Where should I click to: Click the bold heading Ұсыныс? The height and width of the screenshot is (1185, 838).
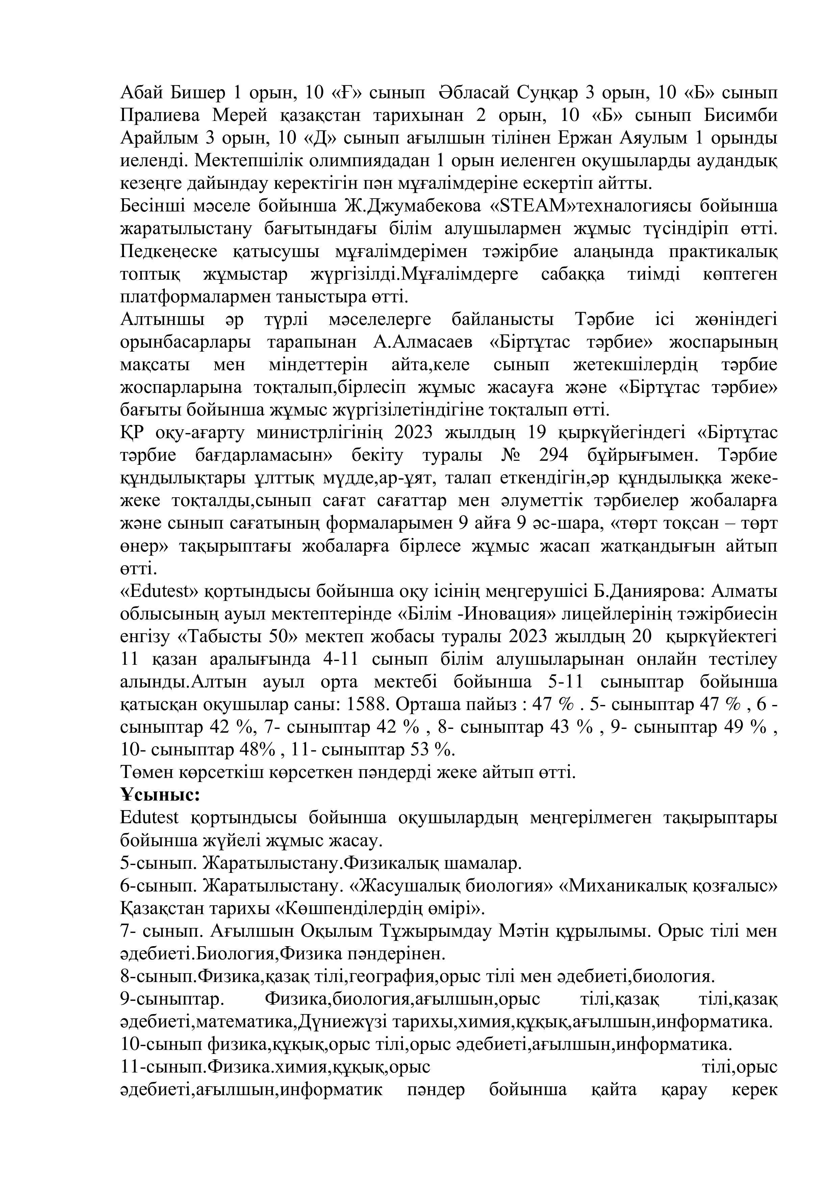pyautogui.click(x=160, y=795)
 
